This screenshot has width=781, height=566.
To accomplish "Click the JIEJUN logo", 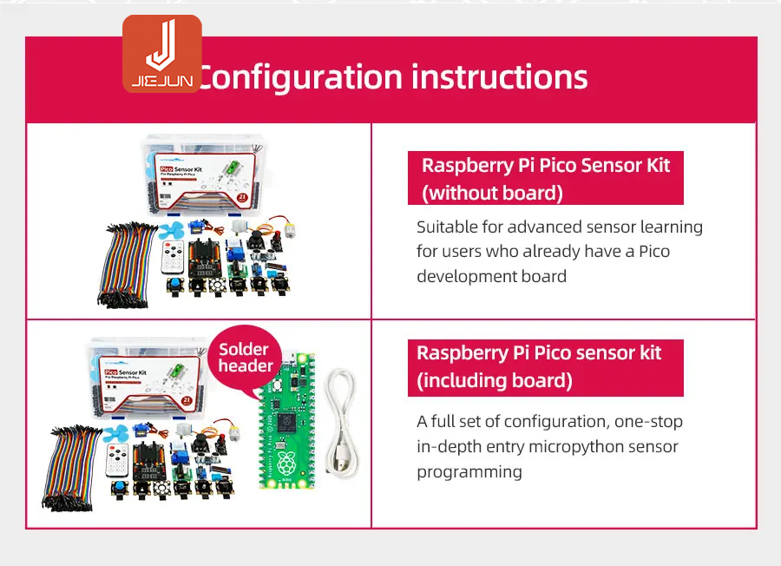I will click(x=162, y=54).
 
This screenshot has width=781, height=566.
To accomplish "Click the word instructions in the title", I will click(x=499, y=77).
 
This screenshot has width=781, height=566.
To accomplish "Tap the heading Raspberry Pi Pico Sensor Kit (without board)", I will click(x=545, y=178).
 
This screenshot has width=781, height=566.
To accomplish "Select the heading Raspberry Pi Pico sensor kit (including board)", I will click(x=545, y=366).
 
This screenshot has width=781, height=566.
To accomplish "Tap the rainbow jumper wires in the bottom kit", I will click(x=74, y=464).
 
